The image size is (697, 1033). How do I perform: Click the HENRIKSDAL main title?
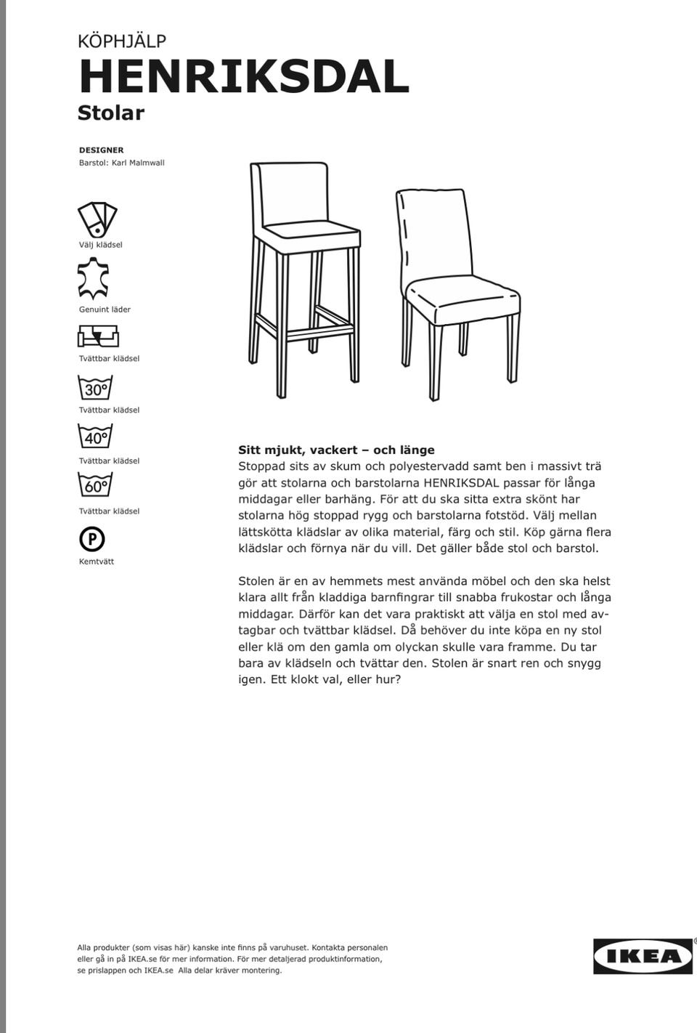point(244,77)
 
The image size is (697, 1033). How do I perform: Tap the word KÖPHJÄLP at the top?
point(122,41)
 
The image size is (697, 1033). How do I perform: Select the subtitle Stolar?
point(111,113)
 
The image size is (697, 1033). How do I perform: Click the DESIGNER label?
point(101,150)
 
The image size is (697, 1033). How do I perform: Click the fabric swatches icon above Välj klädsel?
point(97,219)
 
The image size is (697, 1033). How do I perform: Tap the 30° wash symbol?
point(95,388)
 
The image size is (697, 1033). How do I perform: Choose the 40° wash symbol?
point(95,437)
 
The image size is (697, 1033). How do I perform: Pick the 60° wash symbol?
point(95,485)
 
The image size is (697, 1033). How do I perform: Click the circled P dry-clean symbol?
point(92,539)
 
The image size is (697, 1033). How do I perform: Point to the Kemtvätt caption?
point(97,562)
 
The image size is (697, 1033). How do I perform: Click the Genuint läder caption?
point(105,309)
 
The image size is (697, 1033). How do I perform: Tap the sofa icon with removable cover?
point(98,336)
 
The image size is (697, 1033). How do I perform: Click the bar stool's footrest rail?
point(319,334)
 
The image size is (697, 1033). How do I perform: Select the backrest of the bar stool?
point(294,193)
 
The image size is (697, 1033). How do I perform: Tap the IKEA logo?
point(643,956)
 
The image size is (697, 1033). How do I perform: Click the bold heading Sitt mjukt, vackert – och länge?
point(336,450)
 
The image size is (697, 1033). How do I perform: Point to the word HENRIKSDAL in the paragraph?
point(461,482)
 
